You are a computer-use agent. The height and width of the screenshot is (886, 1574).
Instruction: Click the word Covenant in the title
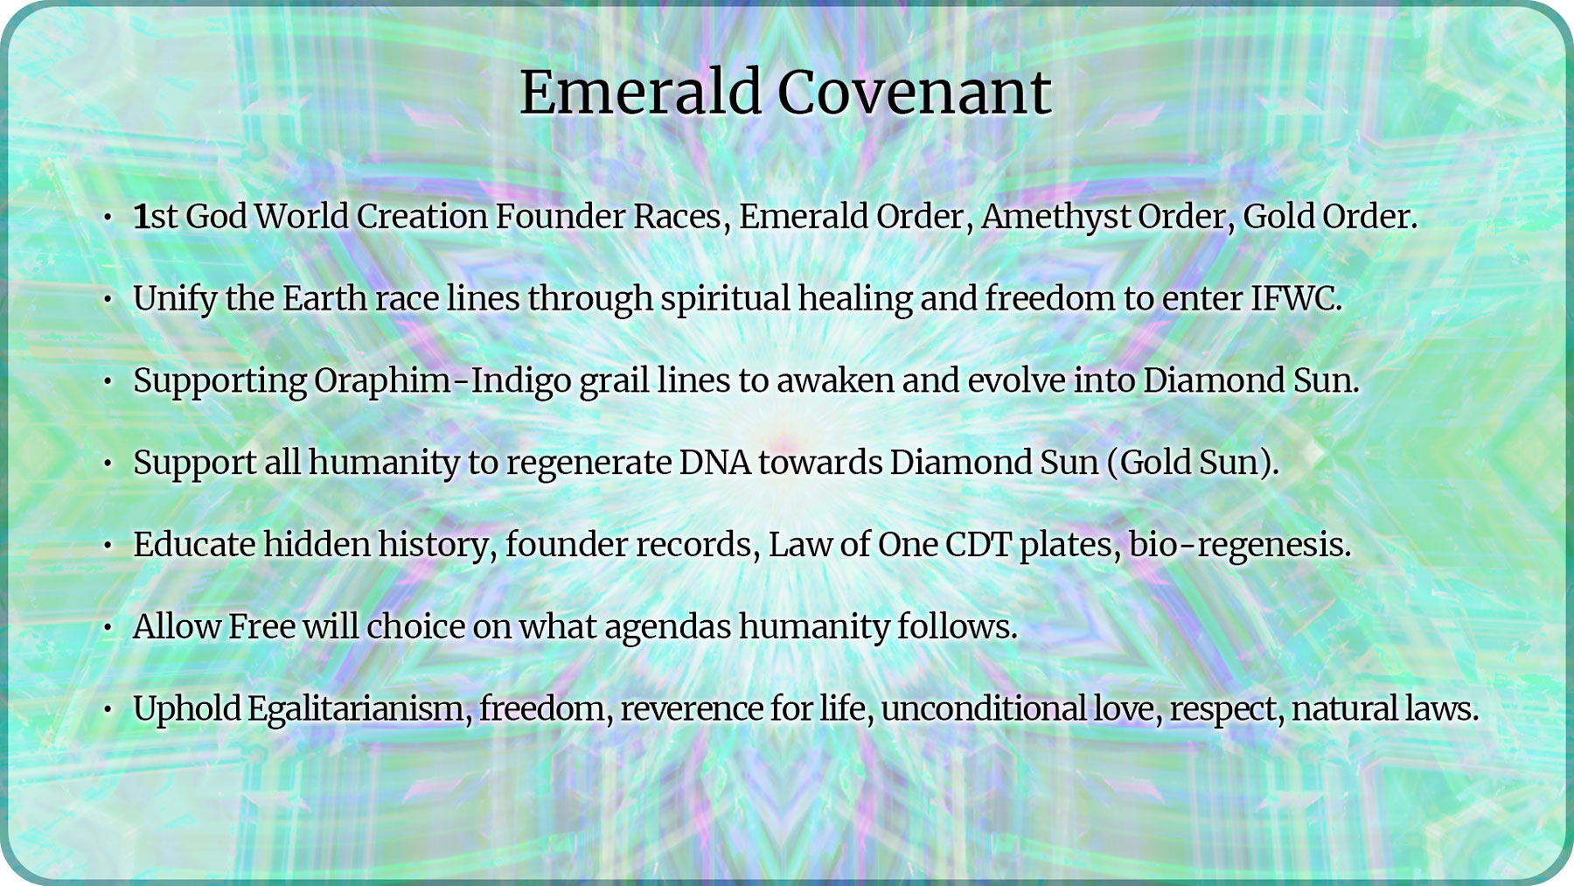click(x=914, y=92)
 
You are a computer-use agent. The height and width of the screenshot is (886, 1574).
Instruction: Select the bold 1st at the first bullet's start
click(x=155, y=217)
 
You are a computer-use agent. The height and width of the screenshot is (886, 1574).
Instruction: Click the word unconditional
click(x=984, y=708)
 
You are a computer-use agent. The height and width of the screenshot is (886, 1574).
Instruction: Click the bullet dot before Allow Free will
click(x=108, y=628)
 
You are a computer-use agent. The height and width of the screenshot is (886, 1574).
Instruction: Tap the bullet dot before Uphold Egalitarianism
click(x=108, y=709)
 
